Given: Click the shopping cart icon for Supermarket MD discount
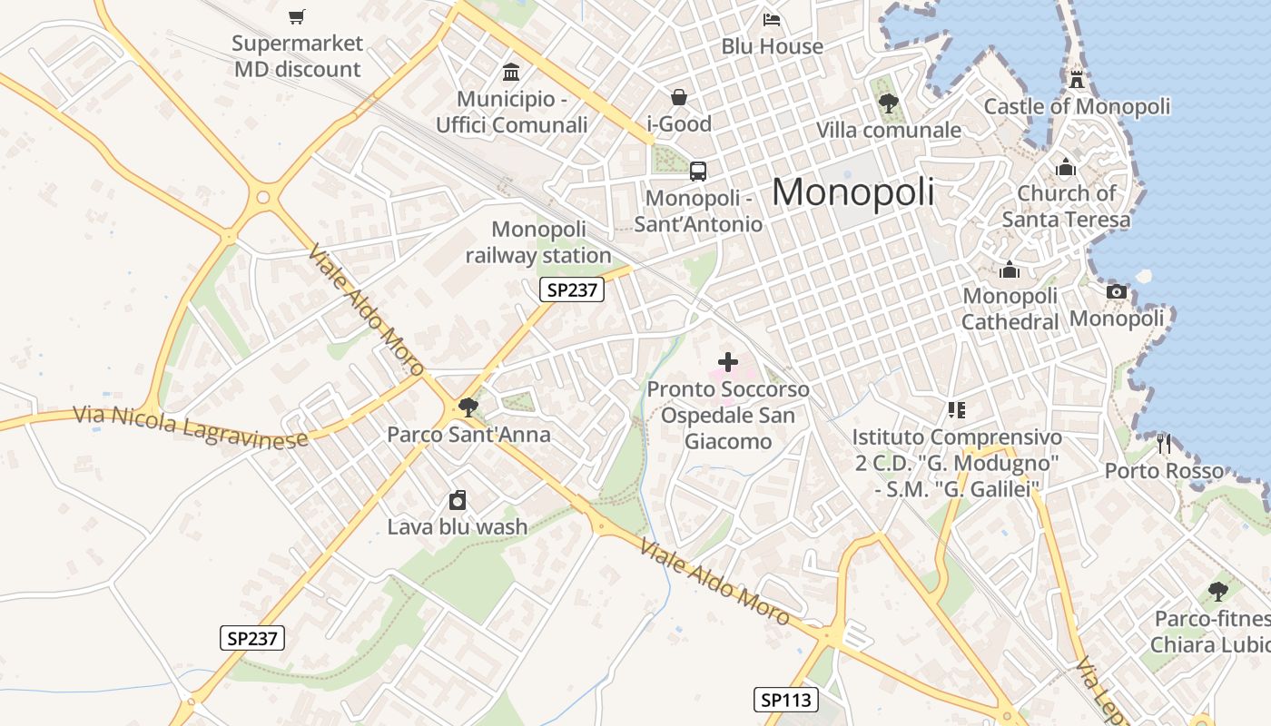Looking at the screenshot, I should [x=297, y=16].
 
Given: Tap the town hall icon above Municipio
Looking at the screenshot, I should [x=511, y=72].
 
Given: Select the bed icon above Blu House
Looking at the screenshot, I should [x=772, y=19].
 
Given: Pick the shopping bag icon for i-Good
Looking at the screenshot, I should [x=678, y=96].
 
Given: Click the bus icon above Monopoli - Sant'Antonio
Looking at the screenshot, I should [x=697, y=171].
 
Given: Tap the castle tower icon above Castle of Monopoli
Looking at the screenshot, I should [x=1077, y=79].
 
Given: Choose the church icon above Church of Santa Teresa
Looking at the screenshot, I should [x=1066, y=167].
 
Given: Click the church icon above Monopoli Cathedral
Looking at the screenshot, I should [x=1009, y=270].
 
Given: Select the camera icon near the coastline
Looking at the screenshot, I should [x=1117, y=291].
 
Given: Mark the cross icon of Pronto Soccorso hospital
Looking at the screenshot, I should [x=727, y=362].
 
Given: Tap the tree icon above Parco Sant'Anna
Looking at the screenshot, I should [x=468, y=407].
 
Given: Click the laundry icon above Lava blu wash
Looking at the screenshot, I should [x=458, y=500].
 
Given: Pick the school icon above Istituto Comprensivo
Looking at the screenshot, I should [x=956, y=410].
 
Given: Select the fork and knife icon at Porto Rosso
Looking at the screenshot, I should [x=1164, y=444].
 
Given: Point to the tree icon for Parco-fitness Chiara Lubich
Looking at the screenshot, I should [x=1217, y=592].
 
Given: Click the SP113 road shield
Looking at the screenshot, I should [x=785, y=700].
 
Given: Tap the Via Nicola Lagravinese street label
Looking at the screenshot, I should [x=190, y=427].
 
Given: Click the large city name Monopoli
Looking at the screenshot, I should [x=852, y=191].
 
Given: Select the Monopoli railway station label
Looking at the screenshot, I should [x=538, y=242].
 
